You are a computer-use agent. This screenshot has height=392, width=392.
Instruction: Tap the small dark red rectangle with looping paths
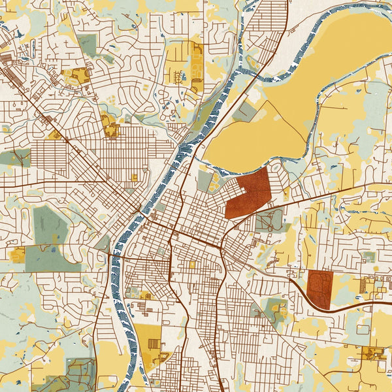pos(320,288)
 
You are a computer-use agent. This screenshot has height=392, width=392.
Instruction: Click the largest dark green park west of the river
pos(51,242)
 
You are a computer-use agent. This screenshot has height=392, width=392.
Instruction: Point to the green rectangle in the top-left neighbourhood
pos(87,44)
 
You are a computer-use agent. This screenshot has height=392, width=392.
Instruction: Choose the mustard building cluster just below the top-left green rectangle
pos(80,76)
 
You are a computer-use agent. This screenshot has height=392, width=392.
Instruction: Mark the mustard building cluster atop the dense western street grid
pos(110,125)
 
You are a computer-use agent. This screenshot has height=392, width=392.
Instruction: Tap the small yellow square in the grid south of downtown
pos(192,265)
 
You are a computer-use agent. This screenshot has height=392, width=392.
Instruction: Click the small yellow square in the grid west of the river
pos(135,177)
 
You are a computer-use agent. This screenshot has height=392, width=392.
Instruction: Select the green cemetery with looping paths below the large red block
pos(269,220)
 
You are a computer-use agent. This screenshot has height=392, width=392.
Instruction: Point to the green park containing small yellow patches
pos(272,308)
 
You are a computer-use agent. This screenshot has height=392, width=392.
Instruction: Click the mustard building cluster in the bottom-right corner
pos(374,354)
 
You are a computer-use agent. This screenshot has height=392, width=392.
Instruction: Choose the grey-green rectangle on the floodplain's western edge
pos(243,112)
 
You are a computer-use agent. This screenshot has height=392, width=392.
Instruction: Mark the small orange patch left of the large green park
pos(18,255)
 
